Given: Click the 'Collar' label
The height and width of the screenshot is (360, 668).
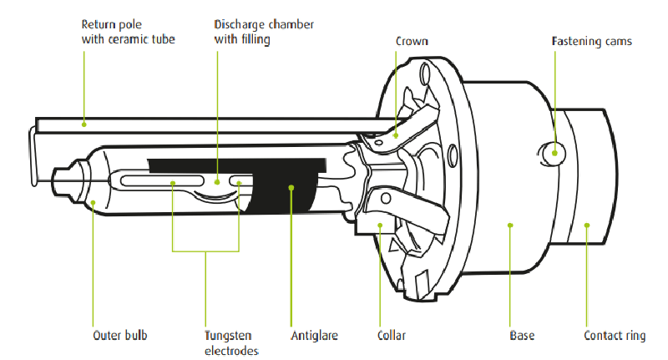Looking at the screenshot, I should [391, 336].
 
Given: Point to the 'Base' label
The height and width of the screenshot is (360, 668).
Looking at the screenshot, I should [522, 336].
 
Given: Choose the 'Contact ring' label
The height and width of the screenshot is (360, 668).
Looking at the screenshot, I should [615, 336].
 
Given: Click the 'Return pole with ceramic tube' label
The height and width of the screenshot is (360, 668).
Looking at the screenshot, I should [129, 32].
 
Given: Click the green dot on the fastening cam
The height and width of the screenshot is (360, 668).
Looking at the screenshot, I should [552, 152].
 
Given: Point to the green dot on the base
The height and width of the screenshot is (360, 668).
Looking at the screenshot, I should [510, 223].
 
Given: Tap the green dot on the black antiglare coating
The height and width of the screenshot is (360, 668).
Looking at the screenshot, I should [291, 188].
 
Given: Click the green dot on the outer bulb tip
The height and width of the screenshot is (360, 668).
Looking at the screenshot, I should [93, 201].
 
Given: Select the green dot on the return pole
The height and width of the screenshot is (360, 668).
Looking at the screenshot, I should [83, 124].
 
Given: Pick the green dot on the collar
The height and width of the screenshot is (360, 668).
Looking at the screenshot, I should [380, 224].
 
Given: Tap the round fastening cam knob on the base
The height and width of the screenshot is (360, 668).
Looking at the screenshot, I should [549, 154].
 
